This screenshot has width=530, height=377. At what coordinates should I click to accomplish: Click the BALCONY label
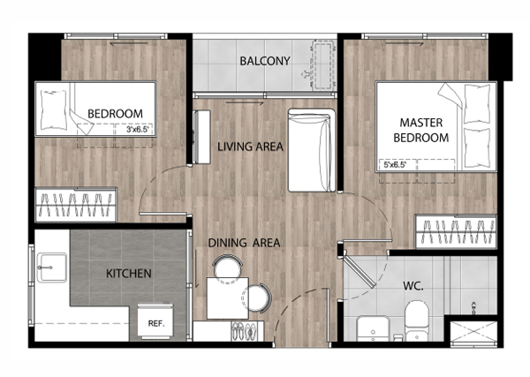click(x=265, y=61)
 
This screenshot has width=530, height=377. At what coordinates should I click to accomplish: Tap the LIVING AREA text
click(x=250, y=147)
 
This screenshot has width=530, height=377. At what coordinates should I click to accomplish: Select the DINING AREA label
click(x=244, y=243)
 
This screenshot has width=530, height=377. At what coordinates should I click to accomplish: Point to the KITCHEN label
click(x=129, y=274)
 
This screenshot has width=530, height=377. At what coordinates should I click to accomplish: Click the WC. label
click(x=413, y=286)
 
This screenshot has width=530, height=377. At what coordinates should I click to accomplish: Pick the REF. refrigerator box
click(x=155, y=321)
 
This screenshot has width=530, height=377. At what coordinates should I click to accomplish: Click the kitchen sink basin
click(x=52, y=268)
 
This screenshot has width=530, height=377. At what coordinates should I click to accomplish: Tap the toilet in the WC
click(x=417, y=320)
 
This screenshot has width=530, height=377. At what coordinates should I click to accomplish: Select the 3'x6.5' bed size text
click(x=137, y=130)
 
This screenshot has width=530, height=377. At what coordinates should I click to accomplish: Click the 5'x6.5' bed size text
click(x=395, y=165)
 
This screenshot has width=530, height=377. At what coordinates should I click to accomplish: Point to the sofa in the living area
click(x=311, y=150)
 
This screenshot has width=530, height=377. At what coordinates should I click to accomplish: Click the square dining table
click(x=228, y=298)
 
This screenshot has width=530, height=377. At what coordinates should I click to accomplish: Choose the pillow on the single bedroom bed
click(x=53, y=109)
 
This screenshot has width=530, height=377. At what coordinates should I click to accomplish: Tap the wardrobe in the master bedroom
click(x=456, y=231)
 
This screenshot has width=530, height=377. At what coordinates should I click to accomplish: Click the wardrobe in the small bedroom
click(x=76, y=205)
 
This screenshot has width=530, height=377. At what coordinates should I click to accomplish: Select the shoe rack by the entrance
click(x=246, y=331)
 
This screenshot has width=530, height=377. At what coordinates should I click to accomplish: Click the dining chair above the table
click(x=228, y=266)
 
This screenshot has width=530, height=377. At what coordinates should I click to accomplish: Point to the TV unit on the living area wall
click(x=201, y=137)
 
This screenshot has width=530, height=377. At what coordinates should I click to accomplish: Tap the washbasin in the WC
click(x=373, y=328)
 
